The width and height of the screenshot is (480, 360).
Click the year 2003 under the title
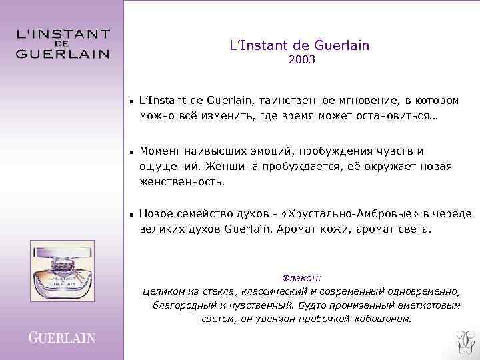(x=301, y=60)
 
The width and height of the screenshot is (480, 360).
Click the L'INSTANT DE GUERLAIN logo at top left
(x=63, y=43)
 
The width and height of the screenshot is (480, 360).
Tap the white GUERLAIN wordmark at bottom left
(x=62, y=338)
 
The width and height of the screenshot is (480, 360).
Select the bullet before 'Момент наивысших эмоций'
(x=132, y=153)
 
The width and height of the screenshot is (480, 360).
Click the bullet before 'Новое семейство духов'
(x=132, y=215)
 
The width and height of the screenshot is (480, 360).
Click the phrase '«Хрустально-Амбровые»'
(x=342, y=214)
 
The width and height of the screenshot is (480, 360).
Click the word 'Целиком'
(x=163, y=292)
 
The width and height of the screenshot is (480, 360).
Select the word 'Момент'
(x=160, y=151)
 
